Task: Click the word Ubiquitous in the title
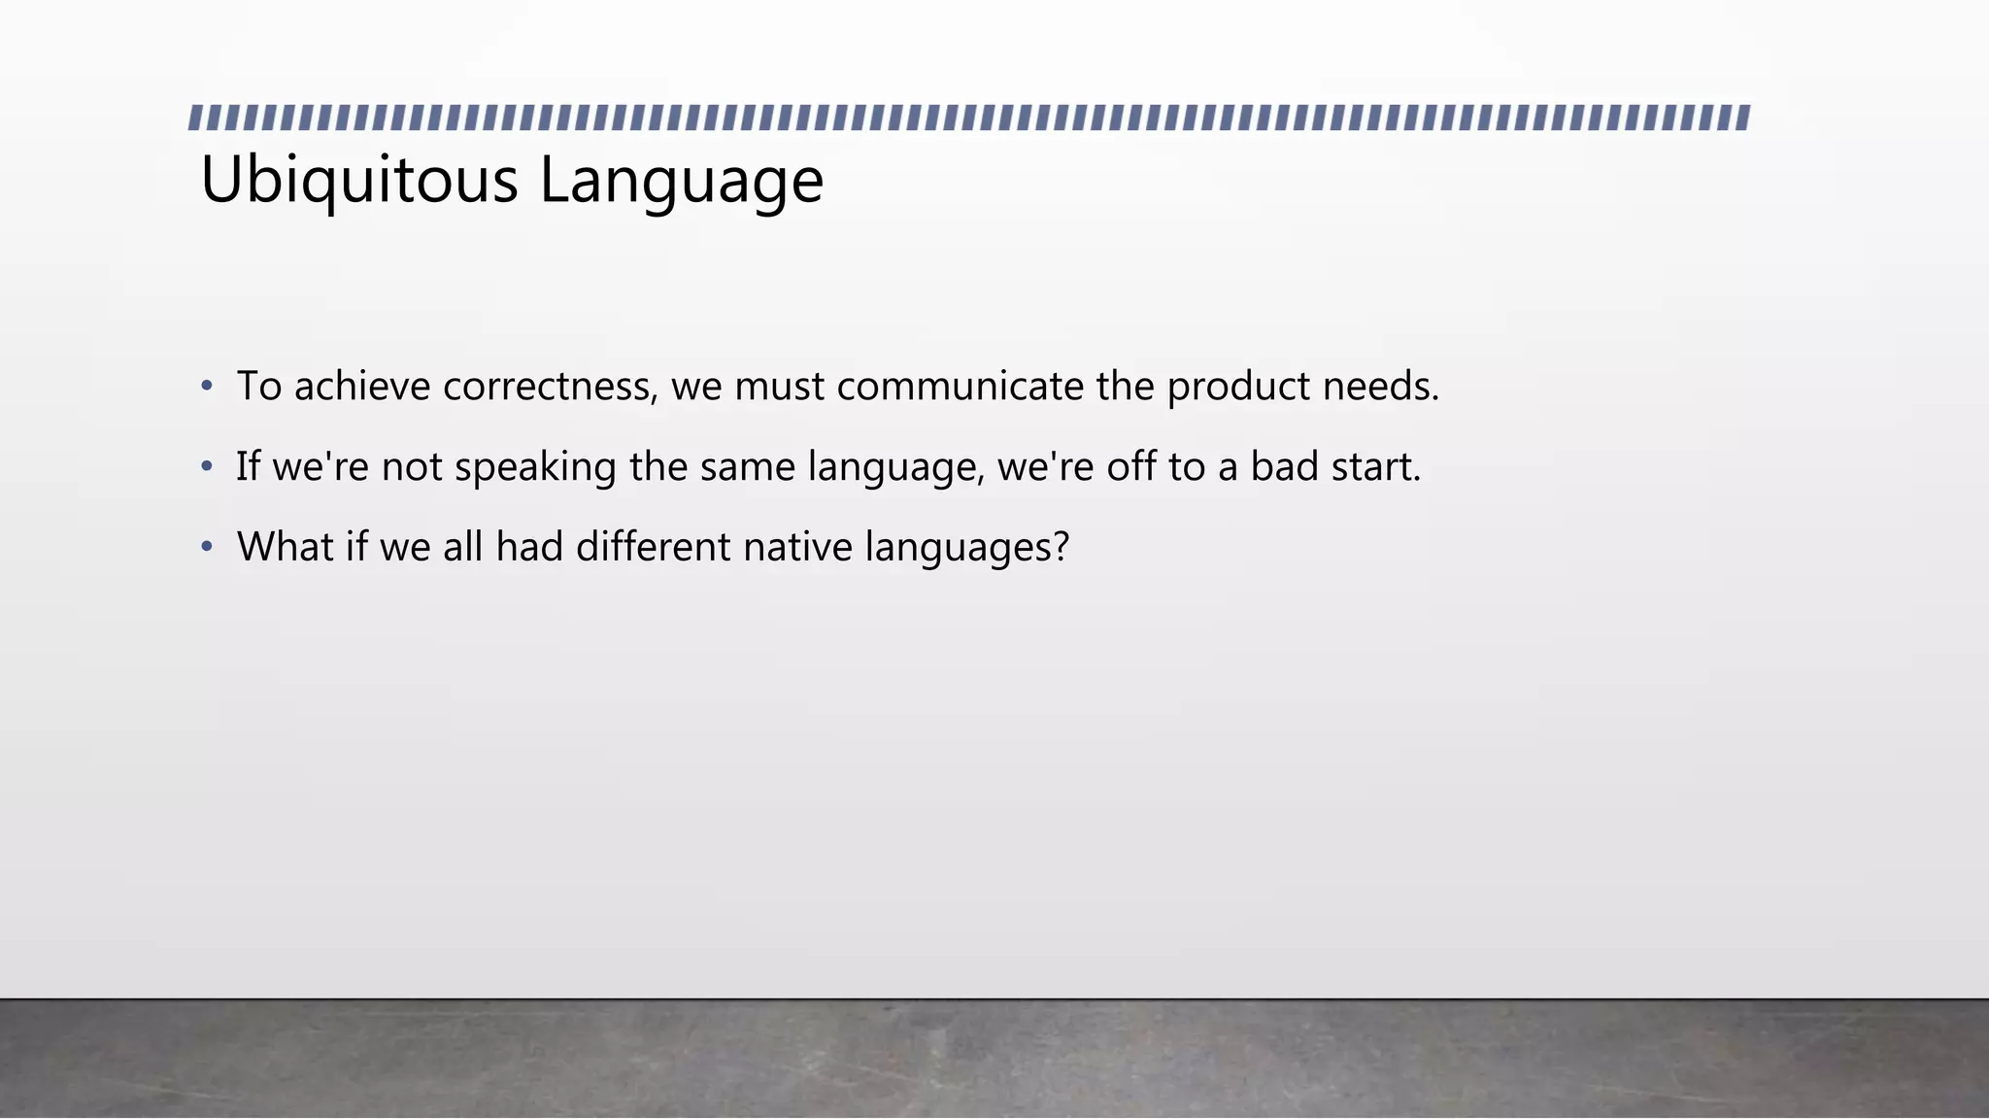coord(359,181)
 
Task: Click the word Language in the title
coord(681,181)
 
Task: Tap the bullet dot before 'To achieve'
coord(206,387)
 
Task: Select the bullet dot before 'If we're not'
coord(206,467)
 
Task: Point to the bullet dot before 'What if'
coord(206,548)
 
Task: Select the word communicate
coord(960,387)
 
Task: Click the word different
coord(653,547)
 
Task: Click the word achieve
coord(362,387)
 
